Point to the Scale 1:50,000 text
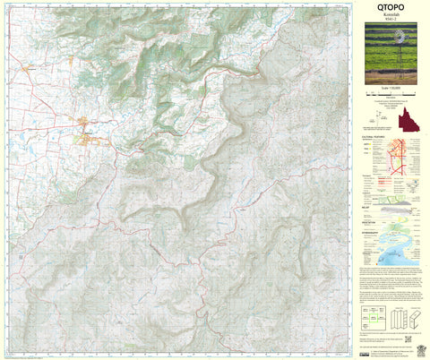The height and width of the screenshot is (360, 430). click(391, 92)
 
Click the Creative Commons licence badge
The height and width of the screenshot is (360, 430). click(365, 341)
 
